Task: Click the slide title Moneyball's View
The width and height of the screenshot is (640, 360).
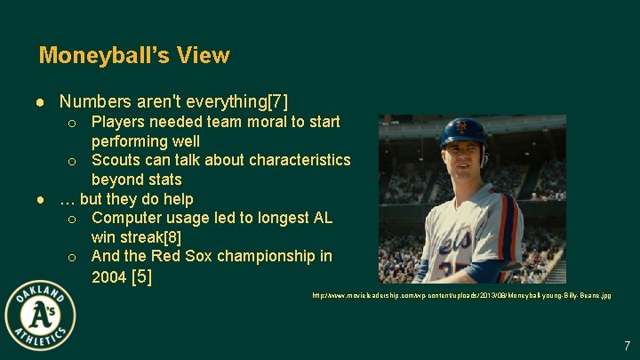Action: (134, 55)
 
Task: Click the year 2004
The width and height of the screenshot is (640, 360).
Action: (109, 276)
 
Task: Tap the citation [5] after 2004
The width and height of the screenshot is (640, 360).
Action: (141, 276)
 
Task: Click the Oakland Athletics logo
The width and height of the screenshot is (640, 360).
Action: (40, 316)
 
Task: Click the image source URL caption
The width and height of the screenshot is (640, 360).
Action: (461, 294)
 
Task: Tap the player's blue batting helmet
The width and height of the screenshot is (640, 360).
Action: (464, 132)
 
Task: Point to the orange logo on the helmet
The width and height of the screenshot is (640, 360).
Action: (461, 127)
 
